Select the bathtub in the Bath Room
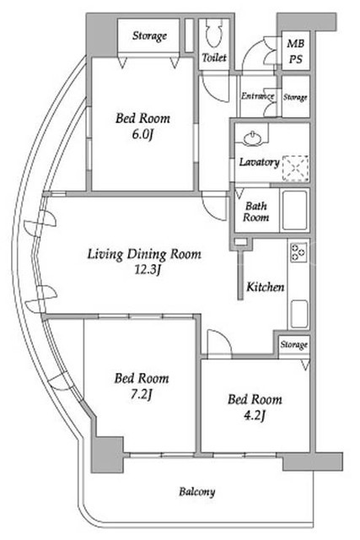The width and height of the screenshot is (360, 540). click(294, 210)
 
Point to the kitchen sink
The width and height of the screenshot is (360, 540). click(299, 314)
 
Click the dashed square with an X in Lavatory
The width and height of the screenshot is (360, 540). click(295, 169)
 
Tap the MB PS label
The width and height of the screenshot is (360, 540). click(296, 51)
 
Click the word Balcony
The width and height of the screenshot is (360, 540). click(197, 492)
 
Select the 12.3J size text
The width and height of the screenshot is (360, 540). click(148, 271)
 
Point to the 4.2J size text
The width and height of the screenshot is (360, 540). click(255, 416)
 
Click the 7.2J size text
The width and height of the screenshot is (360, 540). click(141, 396)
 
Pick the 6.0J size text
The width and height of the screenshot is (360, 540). click(142, 135)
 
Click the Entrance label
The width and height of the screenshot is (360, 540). click(257, 96)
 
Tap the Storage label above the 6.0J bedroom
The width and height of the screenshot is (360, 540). click(150, 35)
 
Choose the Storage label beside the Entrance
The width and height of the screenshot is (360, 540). click(295, 98)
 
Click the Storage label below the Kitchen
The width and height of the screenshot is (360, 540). click(293, 345)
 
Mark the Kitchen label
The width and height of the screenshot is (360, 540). click(266, 287)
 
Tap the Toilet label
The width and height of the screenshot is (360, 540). click(214, 57)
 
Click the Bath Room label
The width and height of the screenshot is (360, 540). click(256, 212)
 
